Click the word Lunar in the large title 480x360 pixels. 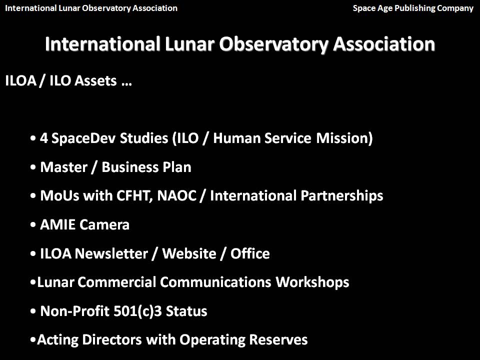[189, 44]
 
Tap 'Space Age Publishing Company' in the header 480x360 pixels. [413, 8]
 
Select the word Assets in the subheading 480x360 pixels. [95, 81]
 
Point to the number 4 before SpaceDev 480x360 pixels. [44, 138]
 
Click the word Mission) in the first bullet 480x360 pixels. [344, 138]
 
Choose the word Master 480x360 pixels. [63, 167]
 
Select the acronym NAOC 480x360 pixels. [176, 196]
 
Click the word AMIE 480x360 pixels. [57, 224]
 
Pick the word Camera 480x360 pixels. [104, 224]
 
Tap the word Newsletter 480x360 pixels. [111, 253]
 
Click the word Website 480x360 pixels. [189, 253]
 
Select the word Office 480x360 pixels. [250, 253]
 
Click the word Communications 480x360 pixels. [215, 282]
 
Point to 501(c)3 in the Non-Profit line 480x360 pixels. [137, 311]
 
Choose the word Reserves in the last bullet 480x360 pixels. [278, 340]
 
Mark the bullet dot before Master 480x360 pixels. [33, 168]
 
